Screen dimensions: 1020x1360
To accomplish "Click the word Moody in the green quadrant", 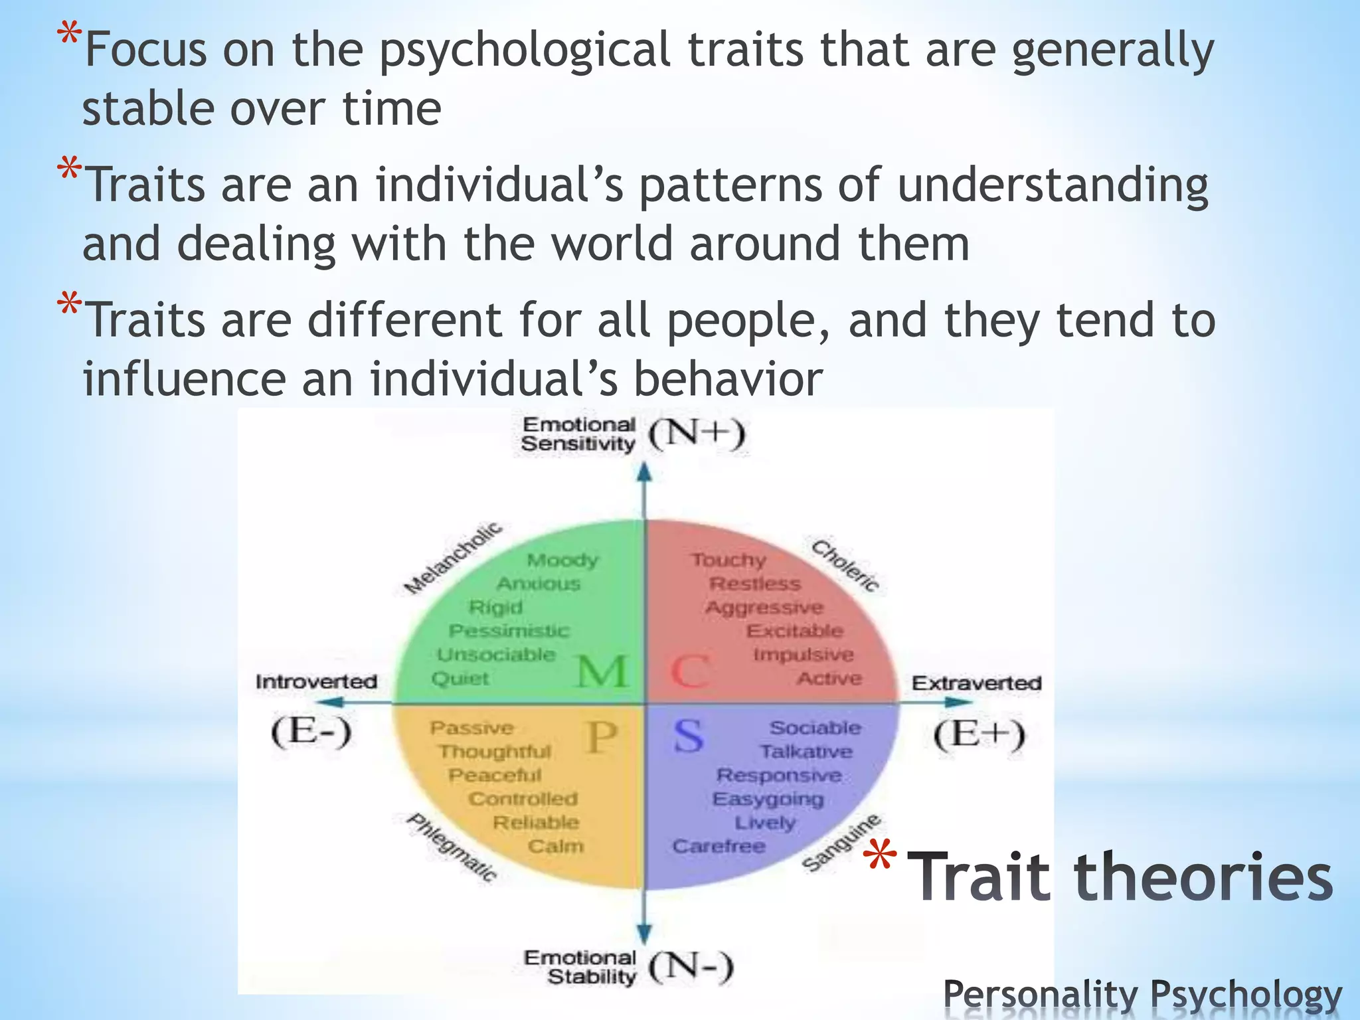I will [562, 560].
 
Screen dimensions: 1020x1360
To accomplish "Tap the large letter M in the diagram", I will [602, 671].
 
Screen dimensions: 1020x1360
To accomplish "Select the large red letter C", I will [689, 671].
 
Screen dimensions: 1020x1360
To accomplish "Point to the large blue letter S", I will [688, 736].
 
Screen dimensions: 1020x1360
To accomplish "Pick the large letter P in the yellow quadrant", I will [602, 737].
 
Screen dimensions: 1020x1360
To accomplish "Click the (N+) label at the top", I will [697, 435].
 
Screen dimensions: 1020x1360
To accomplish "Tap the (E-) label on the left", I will [311, 733].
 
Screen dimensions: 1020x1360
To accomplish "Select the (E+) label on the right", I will [979, 734].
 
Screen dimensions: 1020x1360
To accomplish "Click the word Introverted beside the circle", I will [316, 682].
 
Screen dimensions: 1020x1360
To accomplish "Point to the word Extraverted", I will [976, 683].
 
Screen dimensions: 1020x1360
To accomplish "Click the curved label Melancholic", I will [454, 558].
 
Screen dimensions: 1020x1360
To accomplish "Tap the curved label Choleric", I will [845, 566].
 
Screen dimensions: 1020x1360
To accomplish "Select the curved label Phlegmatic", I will [452, 847].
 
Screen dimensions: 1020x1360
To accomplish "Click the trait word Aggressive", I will [764, 608].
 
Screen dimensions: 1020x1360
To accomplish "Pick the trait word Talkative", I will [806, 752].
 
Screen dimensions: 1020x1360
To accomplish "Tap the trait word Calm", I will [556, 847].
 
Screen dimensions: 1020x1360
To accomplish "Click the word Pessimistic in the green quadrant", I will [509, 631].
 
